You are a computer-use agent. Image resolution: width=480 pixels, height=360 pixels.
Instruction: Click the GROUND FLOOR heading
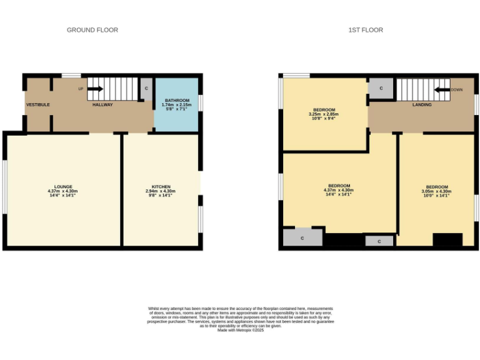92,30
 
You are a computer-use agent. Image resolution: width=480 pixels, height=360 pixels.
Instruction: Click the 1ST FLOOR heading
366,30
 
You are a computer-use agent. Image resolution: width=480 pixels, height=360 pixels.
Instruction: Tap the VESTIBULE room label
37,104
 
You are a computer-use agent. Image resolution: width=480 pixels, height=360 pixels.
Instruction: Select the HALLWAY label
102,104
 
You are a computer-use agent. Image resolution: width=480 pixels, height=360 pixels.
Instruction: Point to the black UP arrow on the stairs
94,89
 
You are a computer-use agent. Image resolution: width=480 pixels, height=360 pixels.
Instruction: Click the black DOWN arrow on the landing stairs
443,89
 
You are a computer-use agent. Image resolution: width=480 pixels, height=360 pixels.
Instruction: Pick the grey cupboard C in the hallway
146,88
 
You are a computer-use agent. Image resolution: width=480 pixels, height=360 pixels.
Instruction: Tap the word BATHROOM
177,100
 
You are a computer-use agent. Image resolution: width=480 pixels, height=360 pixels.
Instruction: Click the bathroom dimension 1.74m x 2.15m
177,104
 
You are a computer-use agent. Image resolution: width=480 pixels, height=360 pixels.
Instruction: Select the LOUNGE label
63,186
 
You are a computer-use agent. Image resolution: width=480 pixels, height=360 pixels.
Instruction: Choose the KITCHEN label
161,186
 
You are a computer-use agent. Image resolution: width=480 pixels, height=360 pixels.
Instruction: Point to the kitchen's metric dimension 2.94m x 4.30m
161,191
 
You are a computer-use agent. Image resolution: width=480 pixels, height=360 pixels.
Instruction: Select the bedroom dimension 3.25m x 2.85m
323,114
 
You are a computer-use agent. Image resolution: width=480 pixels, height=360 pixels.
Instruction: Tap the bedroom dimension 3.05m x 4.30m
437,191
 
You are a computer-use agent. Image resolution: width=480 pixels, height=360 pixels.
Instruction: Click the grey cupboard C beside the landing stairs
380,89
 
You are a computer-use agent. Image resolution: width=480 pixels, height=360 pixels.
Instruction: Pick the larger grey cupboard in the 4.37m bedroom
302,238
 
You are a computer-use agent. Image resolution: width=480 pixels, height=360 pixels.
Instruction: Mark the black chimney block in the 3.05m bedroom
447,240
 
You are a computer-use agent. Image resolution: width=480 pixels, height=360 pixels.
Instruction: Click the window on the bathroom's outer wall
201,102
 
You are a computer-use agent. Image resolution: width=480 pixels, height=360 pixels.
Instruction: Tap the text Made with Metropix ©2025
241,330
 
